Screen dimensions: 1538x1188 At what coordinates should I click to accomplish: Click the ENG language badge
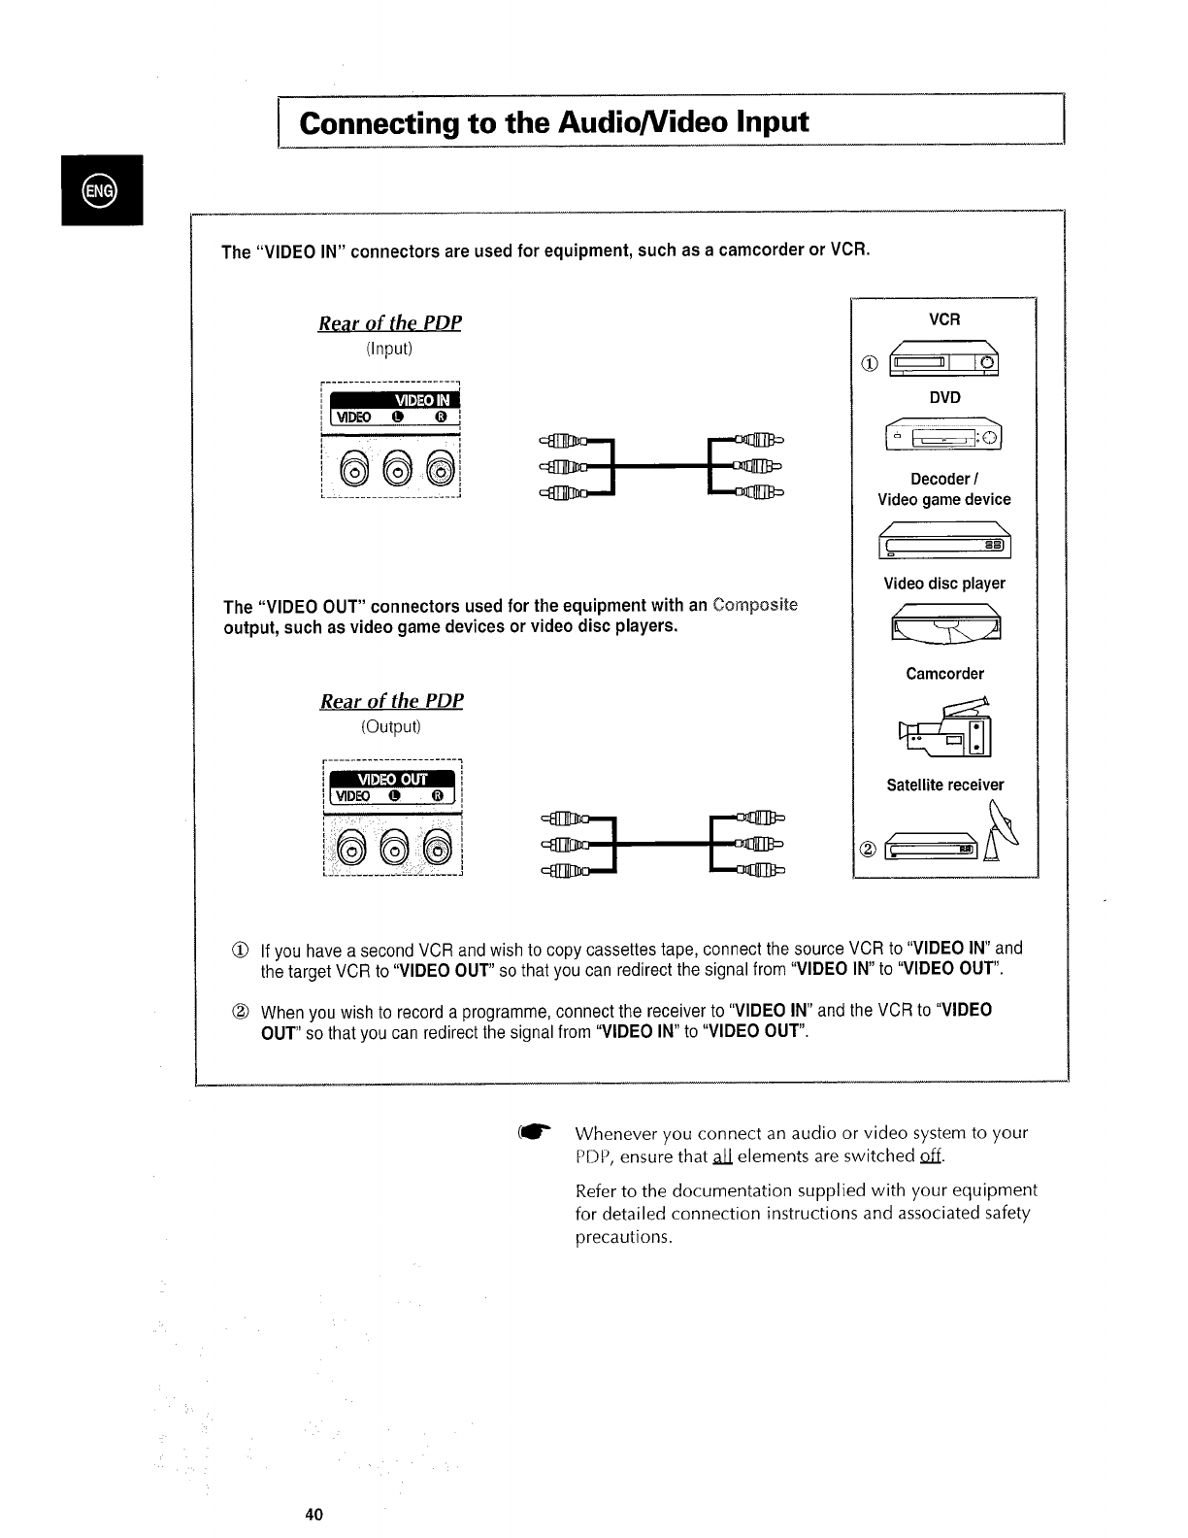[99, 189]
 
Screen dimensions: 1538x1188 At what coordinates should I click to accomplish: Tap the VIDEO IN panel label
[420, 400]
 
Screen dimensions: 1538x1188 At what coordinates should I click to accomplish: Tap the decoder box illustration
[944, 540]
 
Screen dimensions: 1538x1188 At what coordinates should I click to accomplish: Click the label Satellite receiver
[944, 785]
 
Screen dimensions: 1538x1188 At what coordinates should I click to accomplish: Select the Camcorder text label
[944, 674]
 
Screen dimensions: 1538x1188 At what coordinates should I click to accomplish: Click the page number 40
[313, 1515]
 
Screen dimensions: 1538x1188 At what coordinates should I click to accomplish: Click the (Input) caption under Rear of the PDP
[389, 349]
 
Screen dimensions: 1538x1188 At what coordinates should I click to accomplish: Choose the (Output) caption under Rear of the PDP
[391, 726]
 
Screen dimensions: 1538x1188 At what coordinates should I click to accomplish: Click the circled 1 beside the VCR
[870, 365]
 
